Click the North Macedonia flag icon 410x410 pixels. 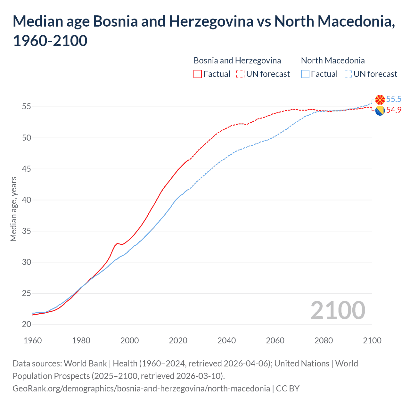tap(380, 100)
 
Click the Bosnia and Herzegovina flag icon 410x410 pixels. tap(380, 111)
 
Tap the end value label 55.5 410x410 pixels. tap(394, 99)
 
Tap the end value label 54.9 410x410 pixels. tap(394, 110)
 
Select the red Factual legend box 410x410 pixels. tap(198, 74)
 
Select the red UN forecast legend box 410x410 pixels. tap(240, 74)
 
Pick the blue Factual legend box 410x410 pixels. tap(305, 74)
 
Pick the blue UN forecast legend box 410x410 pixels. tap(348, 74)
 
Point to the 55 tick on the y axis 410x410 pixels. tap(27, 107)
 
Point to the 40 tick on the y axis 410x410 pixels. tap(27, 200)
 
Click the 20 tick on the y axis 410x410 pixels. tap(27, 324)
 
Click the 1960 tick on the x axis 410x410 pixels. tap(33, 340)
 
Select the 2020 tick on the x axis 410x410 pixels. tap(178, 340)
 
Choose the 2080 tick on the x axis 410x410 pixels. tap(324, 340)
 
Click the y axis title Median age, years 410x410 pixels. tap(13, 209)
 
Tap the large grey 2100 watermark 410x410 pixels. tap(338, 310)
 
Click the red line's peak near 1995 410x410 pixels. tap(117, 243)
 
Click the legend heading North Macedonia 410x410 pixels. tap(333, 61)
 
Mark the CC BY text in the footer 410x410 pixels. tap(288, 389)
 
